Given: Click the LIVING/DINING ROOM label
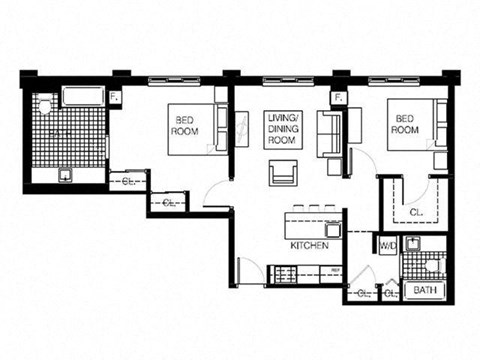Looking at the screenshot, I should point(283,131).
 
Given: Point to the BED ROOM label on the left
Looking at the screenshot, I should point(186,126).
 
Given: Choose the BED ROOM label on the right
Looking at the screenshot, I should point(404,124).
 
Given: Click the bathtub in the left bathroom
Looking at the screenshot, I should point(84,97).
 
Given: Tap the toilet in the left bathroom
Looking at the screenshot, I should point(47,106).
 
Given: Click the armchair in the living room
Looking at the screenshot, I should point(284,173).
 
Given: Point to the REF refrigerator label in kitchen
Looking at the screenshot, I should point(336,270).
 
